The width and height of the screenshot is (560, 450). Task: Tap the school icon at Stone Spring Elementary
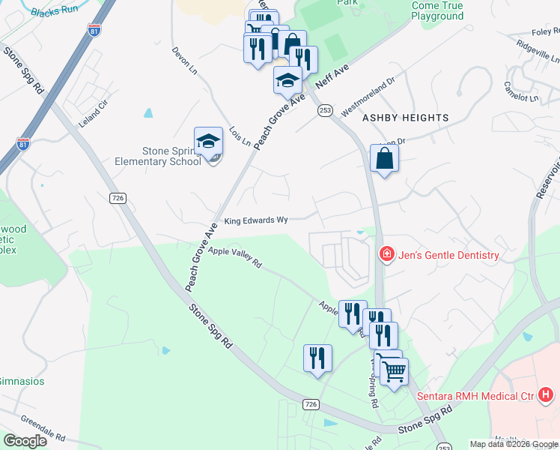(209, 141)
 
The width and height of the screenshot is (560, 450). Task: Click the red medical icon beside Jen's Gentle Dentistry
(386, 255)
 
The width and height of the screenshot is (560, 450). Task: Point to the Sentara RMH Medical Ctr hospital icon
(547, 394)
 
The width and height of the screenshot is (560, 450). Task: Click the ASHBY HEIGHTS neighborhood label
(406, 118)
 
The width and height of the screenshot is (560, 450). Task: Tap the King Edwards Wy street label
(256, 221)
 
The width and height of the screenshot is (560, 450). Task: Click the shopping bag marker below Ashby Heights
(384, 159)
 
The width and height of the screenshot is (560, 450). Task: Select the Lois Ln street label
(240, 136)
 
